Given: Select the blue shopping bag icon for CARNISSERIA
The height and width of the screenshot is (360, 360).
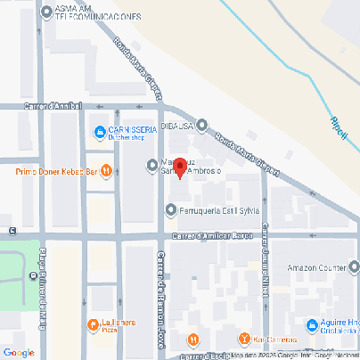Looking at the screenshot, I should pyautogui.click(x=100, y=134).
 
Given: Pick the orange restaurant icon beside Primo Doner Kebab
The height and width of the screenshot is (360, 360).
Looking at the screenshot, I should pyautogui.click(x=107, y=169).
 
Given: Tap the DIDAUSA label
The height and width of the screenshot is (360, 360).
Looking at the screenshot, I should pyautogui.click(x=176, y=126).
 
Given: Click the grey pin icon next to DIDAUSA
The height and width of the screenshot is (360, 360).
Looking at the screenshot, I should pyautogui.click(x=202, y=126).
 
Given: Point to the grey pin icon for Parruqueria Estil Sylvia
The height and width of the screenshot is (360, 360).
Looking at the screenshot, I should pyautogui.click(x=171, y=210).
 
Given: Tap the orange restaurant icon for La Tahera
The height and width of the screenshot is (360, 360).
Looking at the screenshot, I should pyautogui.click(x=93, y=325).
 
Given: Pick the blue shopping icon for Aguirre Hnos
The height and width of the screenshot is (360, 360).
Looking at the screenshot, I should pyautogui.click(x=311, y=327).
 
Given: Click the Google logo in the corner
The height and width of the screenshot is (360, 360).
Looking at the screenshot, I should pyautogui.click(x=19, y=352).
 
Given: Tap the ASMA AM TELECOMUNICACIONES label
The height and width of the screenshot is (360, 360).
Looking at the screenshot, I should pyautogui.click(x=98, y=12).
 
